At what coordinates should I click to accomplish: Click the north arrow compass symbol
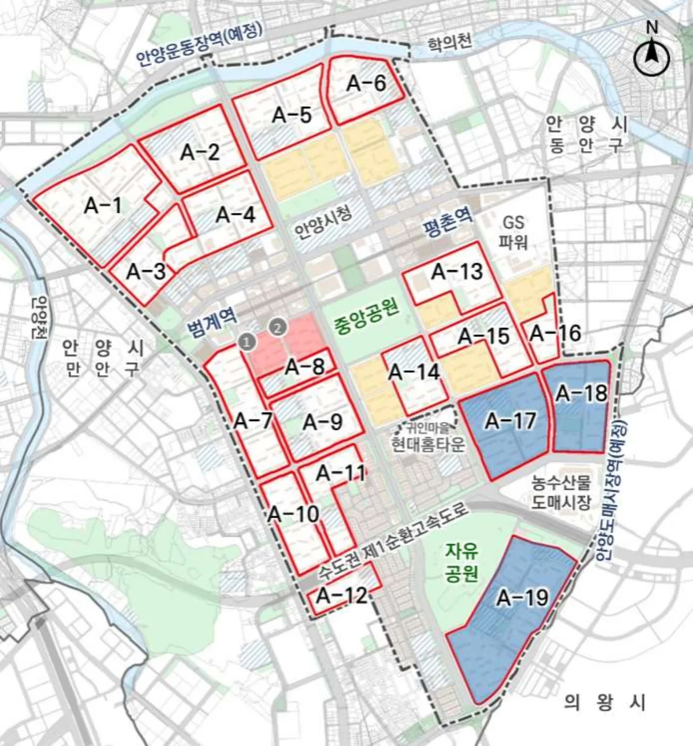[651, 58]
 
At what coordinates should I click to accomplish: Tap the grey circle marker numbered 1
[247, 342]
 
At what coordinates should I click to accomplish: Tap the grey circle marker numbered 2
[278, 328]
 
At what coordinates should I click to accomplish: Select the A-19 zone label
[522, 598]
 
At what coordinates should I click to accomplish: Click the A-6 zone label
[366, 83]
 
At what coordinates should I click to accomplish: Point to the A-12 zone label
[342, 595]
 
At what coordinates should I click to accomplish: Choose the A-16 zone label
[555, 333]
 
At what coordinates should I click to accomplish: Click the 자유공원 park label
[461, 563]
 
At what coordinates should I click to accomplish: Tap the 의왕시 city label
[605, 702]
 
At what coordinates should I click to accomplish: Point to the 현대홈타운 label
[428, 445]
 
